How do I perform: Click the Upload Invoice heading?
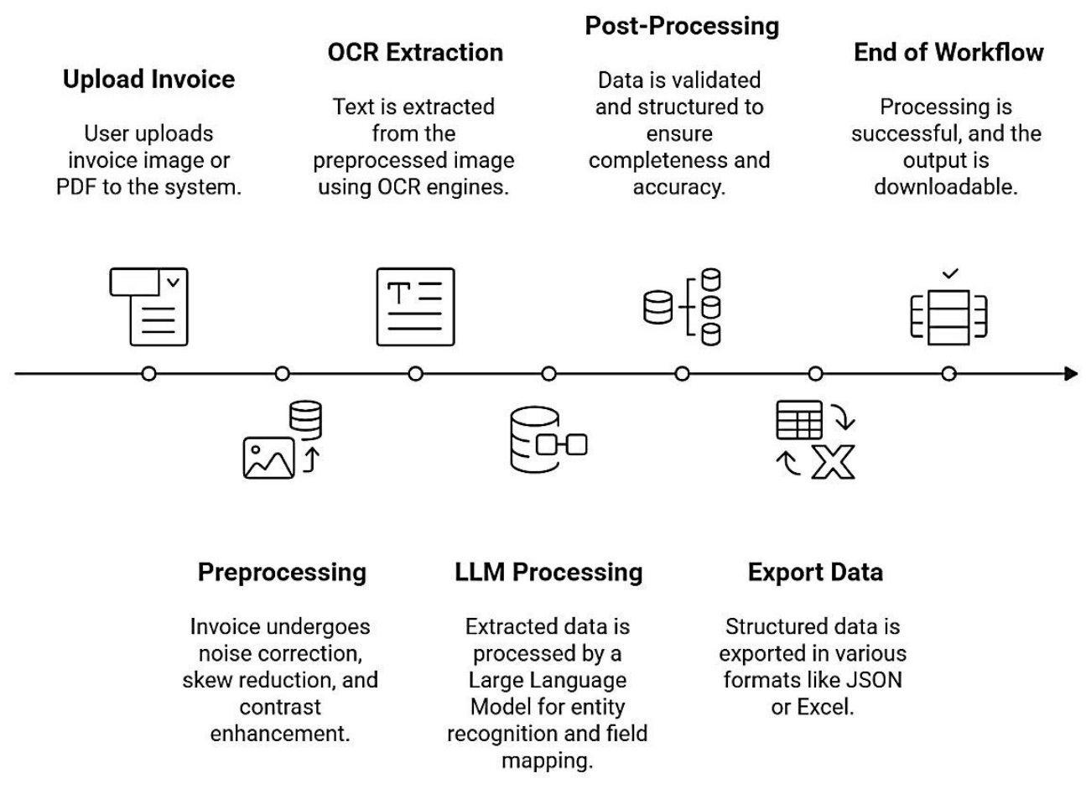148,80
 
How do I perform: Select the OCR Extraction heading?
415,53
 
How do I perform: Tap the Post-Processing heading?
682,26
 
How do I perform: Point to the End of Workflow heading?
948,53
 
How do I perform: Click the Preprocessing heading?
282,573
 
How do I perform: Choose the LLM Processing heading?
548,573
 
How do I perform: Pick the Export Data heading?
815,573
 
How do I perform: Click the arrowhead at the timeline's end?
1071,374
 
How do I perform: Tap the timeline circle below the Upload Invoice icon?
148,374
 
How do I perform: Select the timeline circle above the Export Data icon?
815,374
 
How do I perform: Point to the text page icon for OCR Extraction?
415,307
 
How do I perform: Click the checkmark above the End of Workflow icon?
950,274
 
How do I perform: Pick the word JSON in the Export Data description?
872,680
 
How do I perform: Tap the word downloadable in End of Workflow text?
946,187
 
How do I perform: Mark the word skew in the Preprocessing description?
206,680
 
